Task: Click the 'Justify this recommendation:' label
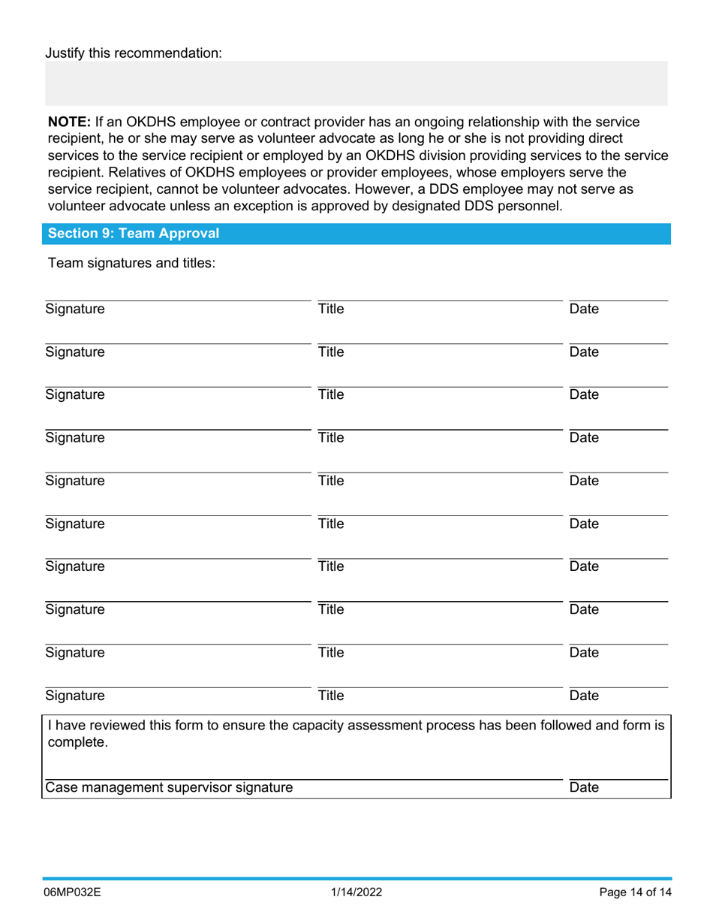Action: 134,53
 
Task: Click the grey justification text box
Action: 356,83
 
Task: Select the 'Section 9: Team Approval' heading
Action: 134,234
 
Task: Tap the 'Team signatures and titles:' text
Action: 131,264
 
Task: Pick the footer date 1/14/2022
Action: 356,893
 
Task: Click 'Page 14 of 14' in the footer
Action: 633,893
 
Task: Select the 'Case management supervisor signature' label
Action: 169,788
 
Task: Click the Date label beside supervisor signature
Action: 585,788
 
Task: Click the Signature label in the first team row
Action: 75,309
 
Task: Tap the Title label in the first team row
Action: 330,309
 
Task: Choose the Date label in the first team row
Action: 585,309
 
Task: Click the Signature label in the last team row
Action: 75,696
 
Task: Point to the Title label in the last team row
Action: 330,696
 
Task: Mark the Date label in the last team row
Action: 585,696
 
